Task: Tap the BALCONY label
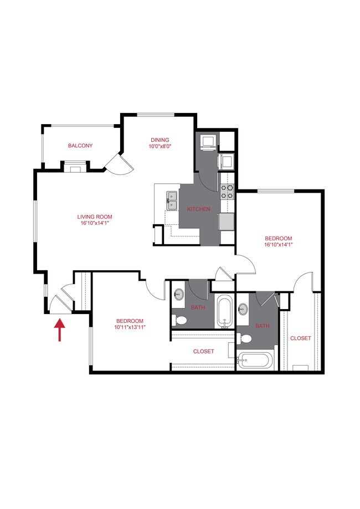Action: point(80,146)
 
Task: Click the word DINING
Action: point(160,140)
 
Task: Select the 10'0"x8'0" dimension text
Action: point(160,147)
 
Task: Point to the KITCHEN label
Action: point(198,209)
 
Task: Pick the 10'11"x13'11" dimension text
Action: point(130,328)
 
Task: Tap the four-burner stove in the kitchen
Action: point(227,192)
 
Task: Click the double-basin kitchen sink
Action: point(172,200)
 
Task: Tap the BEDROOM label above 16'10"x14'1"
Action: point(278,238)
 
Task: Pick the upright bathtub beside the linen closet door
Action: point(225,312)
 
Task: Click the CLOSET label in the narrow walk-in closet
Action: point(301,338)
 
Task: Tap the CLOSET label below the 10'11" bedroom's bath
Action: point(203,351)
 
